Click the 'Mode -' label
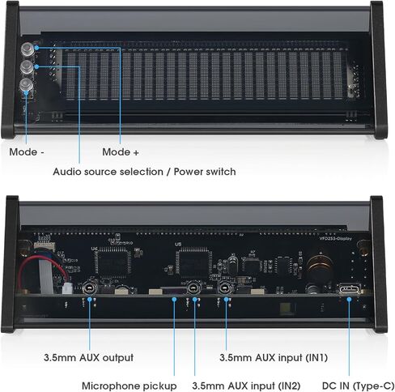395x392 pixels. click(x=27, y=152)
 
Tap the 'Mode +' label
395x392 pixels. click(x=121, y=152)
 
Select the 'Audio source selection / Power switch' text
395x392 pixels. click(x=144, y=172)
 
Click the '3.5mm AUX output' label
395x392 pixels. click(x=88, y=358)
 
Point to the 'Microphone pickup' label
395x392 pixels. click(x=130, y=386)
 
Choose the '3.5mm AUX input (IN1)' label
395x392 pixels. click(x=274, y=358)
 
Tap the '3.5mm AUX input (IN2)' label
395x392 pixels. click(x=246, y=386)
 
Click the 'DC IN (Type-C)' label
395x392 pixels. click(x=359, y=386)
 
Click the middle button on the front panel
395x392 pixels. click(x=28, y=67)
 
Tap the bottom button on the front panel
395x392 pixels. click(x=27, y=86)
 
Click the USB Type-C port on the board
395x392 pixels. click(x=349, y=289)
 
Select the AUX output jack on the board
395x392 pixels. click(x=89, y=288)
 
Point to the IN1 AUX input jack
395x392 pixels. click(x=225, y=288)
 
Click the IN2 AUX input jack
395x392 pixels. click(x=194, y=288)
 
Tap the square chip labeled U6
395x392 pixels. click(x=113, y=262)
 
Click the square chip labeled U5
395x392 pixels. click(x=193, y=262)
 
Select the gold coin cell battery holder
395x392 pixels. click(x=320, y=264)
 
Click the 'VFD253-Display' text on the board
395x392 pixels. click(x=335, y=239)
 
